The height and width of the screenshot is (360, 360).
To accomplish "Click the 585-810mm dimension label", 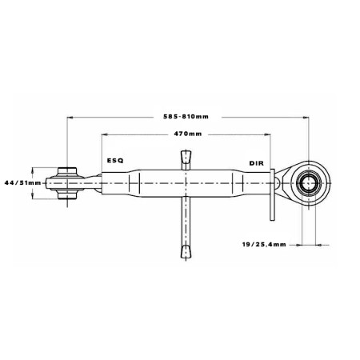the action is pyautogui.click(x=186, y=117).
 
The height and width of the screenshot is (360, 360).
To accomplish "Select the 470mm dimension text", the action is pyautogui.click(x=188, y=134).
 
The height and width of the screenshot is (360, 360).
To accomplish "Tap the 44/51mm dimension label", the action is pyautogui.click(x=23, y=183).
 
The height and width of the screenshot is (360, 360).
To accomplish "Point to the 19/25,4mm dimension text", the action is pyautogui.click(x=264, y=244).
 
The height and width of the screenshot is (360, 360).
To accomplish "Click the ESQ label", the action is pyautogui.click(x=115, y=160).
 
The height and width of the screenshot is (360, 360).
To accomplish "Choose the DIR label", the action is pyautogui.click(x=257, y=163).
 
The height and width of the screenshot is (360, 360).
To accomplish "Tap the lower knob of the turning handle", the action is pyautogui.click(x=186, y=252).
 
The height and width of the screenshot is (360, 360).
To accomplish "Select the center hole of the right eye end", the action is pyautogui.click(x=308, y=183).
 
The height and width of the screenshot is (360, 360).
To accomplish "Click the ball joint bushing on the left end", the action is pyautogui.click(x=67, y=183).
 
